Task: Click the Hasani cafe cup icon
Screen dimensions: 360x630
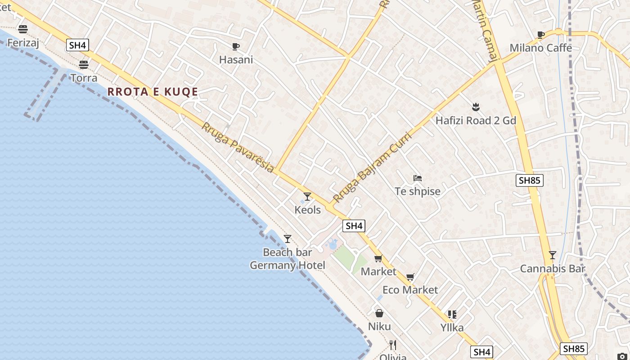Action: coord(235,46)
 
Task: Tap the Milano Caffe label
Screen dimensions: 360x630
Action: coord(540,48)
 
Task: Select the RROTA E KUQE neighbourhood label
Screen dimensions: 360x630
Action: coord(153,92)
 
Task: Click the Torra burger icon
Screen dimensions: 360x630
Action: coord(84,64)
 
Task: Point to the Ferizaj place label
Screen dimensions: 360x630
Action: coord(23,43)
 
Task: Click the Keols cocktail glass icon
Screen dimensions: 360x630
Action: coord(307,197)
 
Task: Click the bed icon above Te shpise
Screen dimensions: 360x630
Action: coord(418,178)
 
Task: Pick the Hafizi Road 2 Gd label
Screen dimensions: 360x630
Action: coord(476,121)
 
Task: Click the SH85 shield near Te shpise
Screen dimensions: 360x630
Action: coord(529,180)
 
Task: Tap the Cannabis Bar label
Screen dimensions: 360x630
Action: coord(552,269)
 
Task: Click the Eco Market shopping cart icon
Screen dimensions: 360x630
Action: coord(410,277)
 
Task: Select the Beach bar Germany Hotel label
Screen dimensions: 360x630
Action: coord(288,259)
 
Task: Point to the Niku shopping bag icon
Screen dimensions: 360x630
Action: coord(379,313)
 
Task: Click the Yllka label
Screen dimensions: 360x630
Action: coord(452,328)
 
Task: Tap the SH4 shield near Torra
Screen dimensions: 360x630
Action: coord(77,45)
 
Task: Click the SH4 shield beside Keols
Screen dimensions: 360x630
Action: coord(354,226)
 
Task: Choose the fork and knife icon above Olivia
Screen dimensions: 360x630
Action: coord(393,345)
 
